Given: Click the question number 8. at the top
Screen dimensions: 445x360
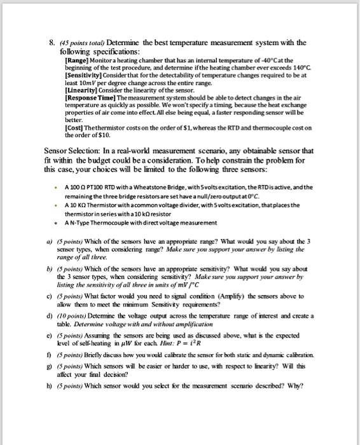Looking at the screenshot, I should click(x=53, y=43).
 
